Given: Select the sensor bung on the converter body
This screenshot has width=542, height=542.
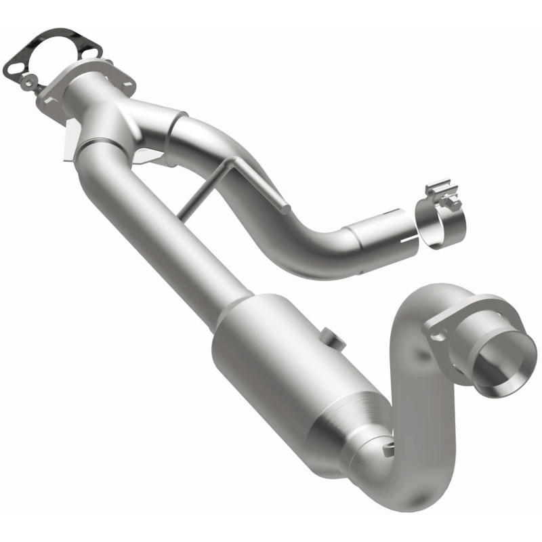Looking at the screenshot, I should point(329,337).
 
